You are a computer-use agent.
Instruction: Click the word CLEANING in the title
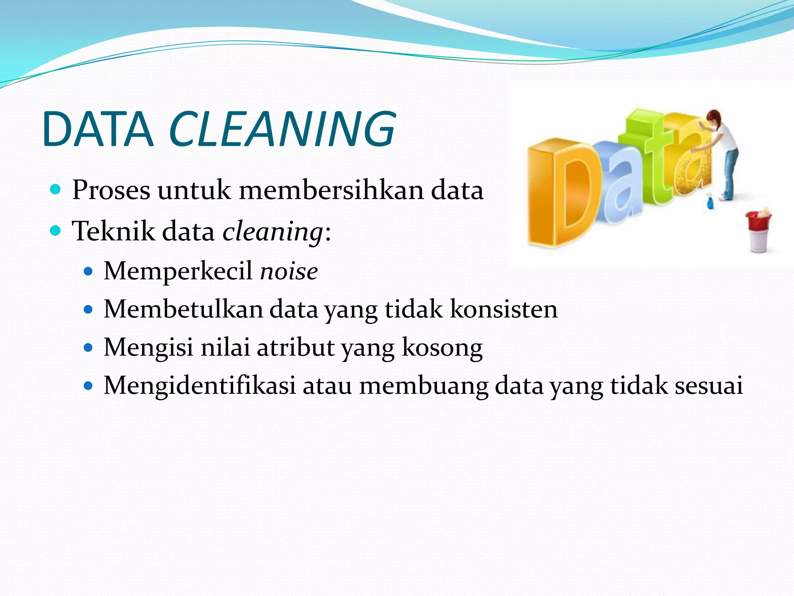coord(282,129)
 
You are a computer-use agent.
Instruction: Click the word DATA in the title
coord(98,129)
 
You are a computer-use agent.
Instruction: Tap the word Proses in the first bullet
coord(111,190)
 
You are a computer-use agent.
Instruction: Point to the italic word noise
coord(289,271)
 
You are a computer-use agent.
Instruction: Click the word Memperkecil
coord(178,271)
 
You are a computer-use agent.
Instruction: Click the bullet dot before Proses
coord(56,190)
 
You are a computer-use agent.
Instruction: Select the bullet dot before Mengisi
coord(89,347)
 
